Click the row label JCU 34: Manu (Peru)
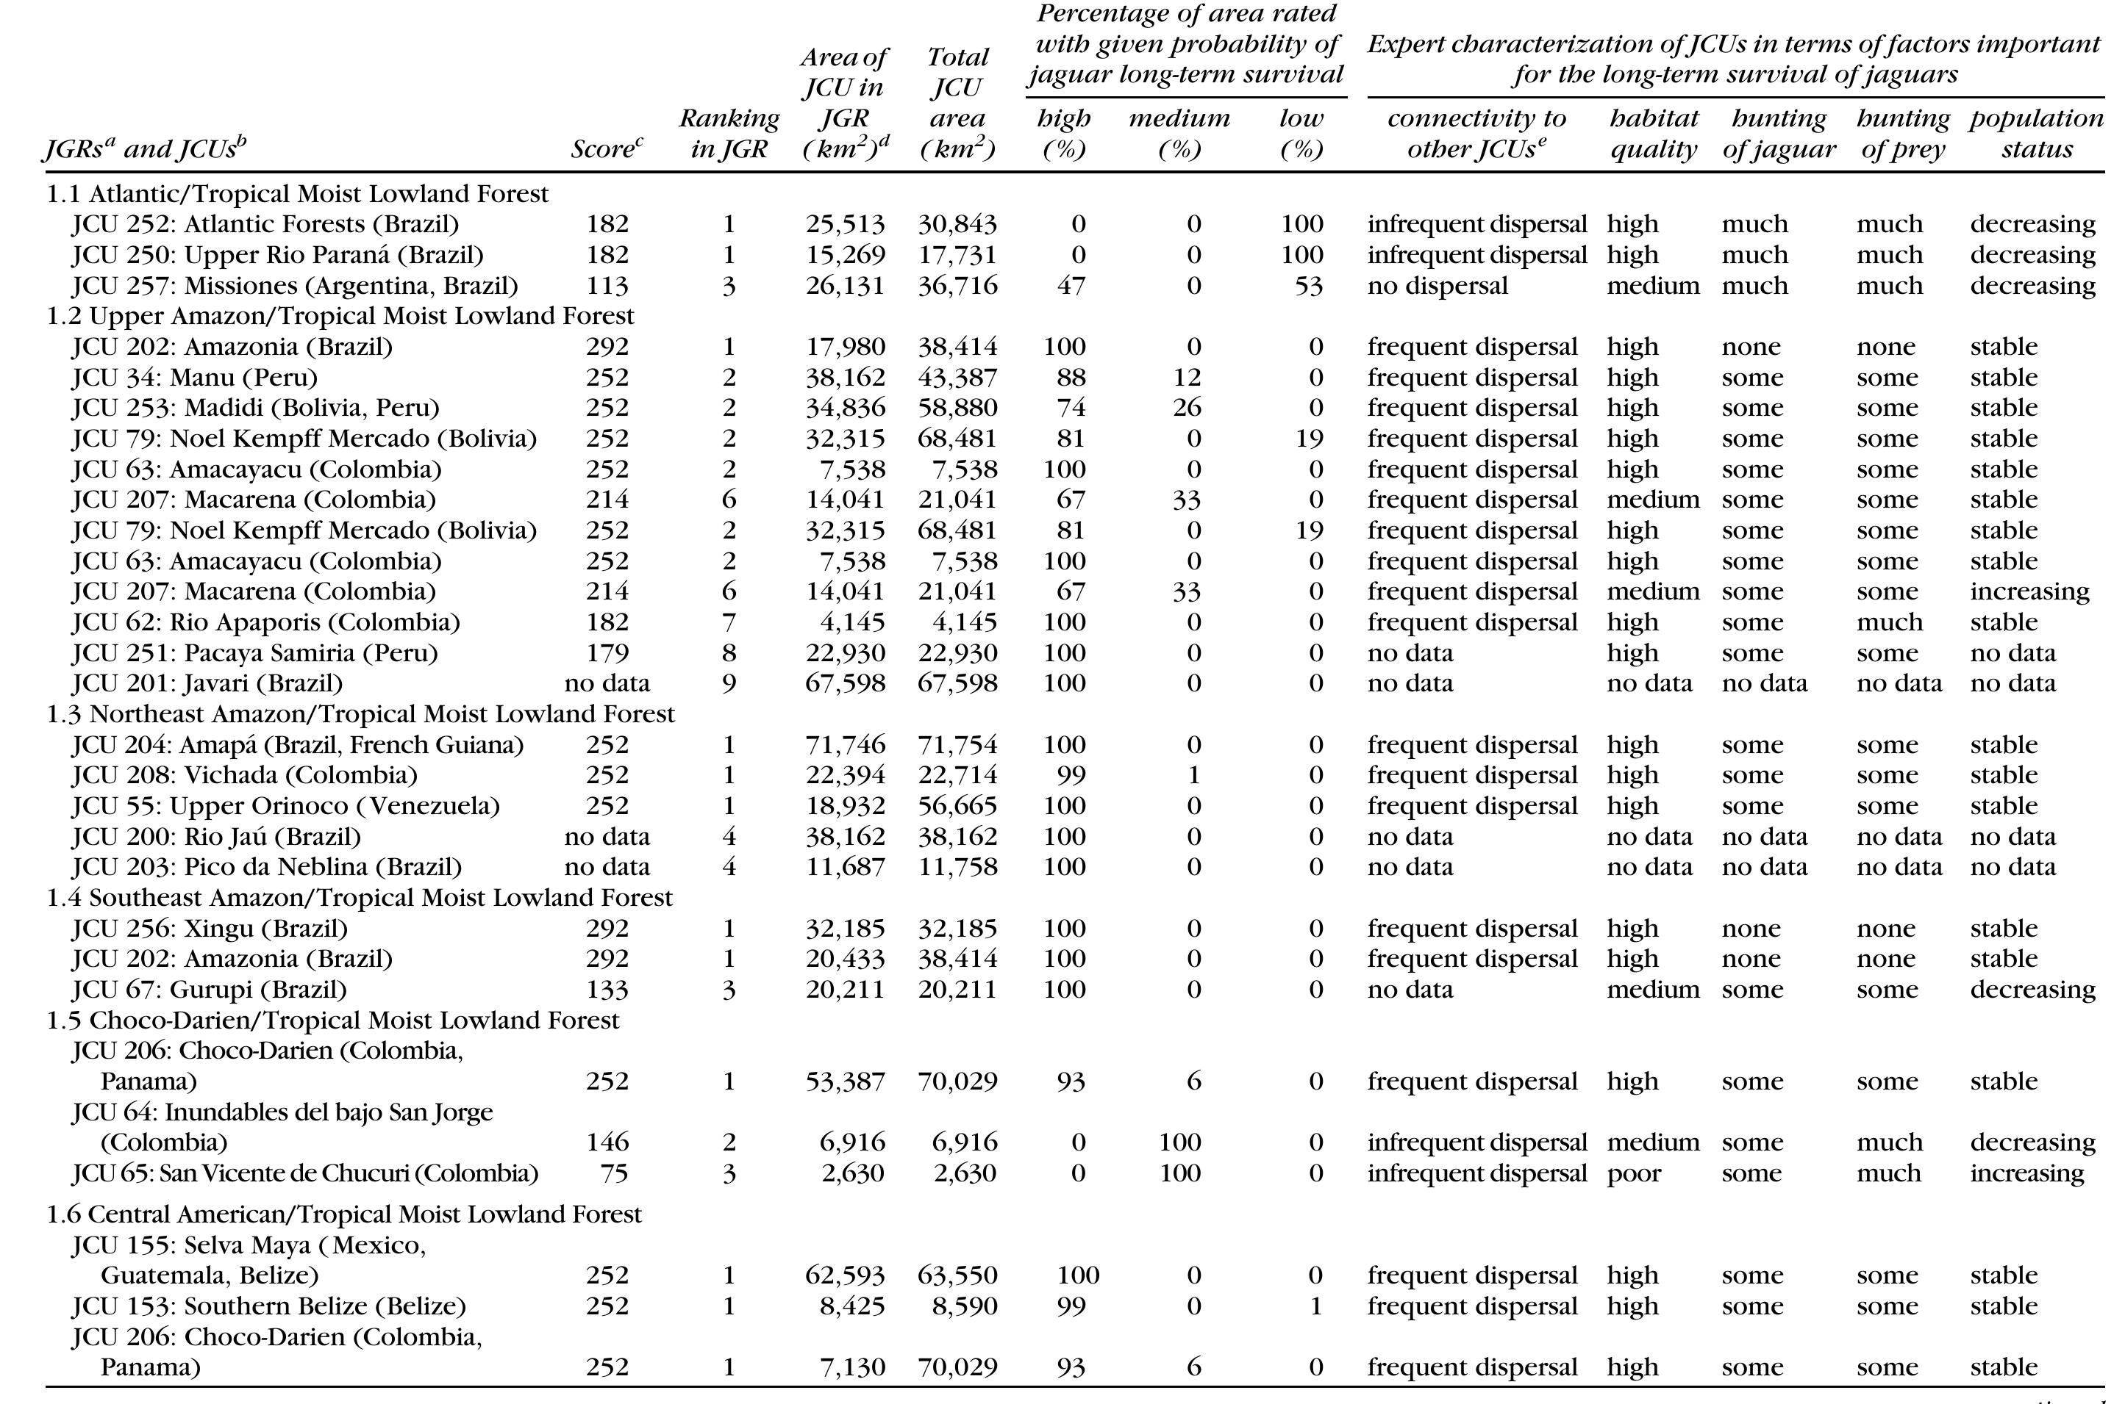pyautogui.click(x=194, y=377)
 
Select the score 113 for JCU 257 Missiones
pyautogui.click(x=607, y=286)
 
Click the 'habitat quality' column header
pyautogui.click(x=1653, y=134)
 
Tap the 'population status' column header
pyautogui.click(x=2035, y=134)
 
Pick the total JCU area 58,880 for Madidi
pyautogui.click(x=957, y=408)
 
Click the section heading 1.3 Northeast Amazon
pyautogui.click(x=360, y=713)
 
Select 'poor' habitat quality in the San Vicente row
pyautogui.click(x=1633, y=1173)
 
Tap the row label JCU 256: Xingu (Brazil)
pyautogui.click(x=210, y=929)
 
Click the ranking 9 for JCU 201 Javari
pyautogui.click(x=729, y=683)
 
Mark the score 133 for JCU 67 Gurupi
pyautogui.click(x=607, y=990)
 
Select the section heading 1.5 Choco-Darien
pyautogui.click(x=332, y=1020)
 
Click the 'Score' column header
pyautogui.click(x=607, y=148)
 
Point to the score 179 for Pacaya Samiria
pyautogui.click(x=607, y=652)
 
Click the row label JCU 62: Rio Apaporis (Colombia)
pyautogui.click(x=265, y=622)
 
